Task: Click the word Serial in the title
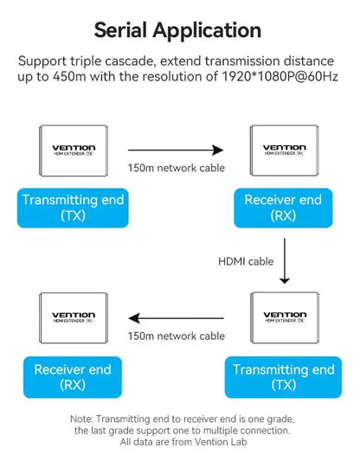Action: click(120, 30)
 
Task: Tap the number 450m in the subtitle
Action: click(69, 77)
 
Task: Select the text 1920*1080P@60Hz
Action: click(280, 77)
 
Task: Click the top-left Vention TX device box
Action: click(74, 150)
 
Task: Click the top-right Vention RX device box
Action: click(285, 150)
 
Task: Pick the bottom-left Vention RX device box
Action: click(74, 318)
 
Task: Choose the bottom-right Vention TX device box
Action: click(285, 317)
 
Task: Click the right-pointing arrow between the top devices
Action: click(176, 150)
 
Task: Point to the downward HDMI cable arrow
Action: click(285, 260)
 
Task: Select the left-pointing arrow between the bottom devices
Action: click(177, 318)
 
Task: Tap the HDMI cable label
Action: click(246, 261)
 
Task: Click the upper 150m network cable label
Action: click(177, 168)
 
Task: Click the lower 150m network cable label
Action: click(177, 336)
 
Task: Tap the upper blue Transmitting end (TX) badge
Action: click(73, 208)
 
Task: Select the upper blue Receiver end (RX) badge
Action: click(283, 208)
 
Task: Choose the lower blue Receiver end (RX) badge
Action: click(73, 377)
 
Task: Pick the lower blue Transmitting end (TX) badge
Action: click(283, 377)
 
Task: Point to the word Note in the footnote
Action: click(81, 419)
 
